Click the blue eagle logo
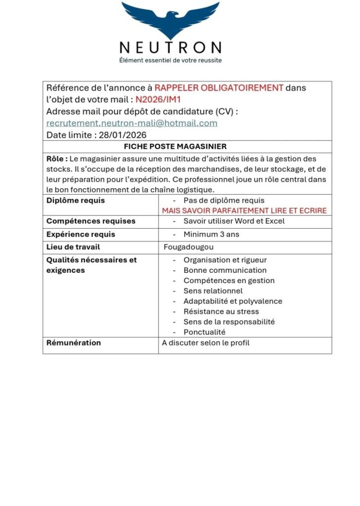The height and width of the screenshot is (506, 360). coord(170,20)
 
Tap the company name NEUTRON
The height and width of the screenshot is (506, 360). coord(170,47)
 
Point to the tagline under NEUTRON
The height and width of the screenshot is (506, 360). coord(170,60)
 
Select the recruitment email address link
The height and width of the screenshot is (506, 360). coord(132,123)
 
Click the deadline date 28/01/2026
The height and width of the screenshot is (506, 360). coord(121,135)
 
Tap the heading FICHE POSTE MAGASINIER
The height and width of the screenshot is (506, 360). coord(175,147)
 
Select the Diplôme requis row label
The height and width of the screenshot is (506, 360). coord(76,201)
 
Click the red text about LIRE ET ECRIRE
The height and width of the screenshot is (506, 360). coord(244,211)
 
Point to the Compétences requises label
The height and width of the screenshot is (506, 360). coord(91,221)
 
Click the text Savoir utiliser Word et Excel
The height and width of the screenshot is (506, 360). coord(234,221)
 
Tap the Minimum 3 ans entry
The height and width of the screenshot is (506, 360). coord(211,234)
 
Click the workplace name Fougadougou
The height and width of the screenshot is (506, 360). coord(189,247)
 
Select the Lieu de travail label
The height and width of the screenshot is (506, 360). coord(73,247)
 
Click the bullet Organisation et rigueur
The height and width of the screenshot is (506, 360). coord(225,260)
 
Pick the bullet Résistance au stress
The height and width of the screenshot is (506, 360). coord(221,311)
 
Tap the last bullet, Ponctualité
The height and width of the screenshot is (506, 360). coord(204,332)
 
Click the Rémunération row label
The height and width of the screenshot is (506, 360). coord(74,343)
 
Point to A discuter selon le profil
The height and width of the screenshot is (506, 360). coord(206,343)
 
